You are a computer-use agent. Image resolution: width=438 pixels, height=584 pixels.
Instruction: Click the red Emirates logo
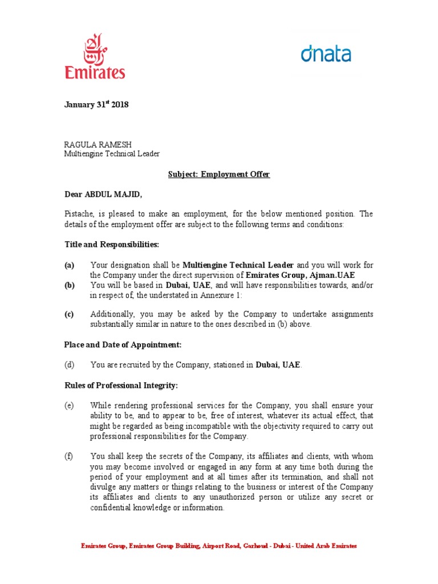click(103, 56)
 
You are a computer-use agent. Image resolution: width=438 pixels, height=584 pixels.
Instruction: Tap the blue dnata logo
click(326, 55)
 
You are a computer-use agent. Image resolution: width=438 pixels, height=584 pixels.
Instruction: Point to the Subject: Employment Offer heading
click(218, 175)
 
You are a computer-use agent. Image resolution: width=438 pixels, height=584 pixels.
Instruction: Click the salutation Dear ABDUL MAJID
click(102, 194)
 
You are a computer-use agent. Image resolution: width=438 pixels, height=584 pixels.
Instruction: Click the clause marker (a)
click(69, 265)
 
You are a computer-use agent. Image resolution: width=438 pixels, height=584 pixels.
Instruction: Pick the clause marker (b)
click(69, 285)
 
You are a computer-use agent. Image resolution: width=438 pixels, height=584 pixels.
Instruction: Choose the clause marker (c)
click(69, 315)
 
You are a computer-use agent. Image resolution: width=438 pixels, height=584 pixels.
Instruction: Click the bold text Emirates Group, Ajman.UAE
click(309, 275)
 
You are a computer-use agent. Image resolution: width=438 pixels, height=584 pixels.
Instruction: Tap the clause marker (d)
click(69, 364)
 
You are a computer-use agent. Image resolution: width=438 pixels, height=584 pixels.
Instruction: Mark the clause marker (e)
click(69, 405)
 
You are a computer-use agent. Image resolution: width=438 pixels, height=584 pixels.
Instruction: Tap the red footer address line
click(219, 546)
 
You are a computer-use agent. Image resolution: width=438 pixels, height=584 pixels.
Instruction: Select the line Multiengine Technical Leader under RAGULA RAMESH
click(112, 154)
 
